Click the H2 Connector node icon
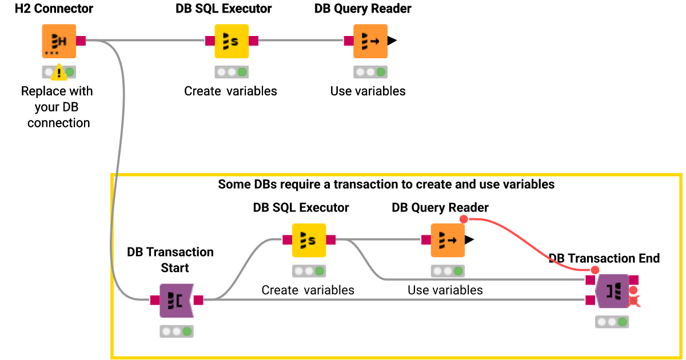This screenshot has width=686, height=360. pos(59,41)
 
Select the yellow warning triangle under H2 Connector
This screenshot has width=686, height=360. pos(59,72)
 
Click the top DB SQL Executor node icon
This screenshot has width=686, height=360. pos(232,41)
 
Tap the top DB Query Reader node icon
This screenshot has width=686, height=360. pos(370,41)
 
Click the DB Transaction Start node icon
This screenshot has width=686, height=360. pos(177,301)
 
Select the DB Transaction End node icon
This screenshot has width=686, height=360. pos(612,291)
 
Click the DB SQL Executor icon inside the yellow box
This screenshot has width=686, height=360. pos(309,241)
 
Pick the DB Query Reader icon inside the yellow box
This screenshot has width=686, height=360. pos(448,241)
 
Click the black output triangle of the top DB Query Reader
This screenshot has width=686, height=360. pos(392,41)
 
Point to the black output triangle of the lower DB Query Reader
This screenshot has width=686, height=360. pos(469,239)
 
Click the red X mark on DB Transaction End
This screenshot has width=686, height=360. pos(633,301)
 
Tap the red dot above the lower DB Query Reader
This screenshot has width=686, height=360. pos(464,219)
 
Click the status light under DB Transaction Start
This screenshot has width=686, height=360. pos(177,331)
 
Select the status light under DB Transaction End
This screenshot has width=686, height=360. pos(612,322)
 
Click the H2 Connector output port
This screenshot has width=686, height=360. pos(81,41)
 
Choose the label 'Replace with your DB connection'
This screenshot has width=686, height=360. pos(57,107)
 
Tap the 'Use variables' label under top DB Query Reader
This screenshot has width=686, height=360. pos(368,91)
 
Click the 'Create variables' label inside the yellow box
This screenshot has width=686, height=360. pos(308,290)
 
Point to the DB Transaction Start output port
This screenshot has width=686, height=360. pos(198,300)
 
